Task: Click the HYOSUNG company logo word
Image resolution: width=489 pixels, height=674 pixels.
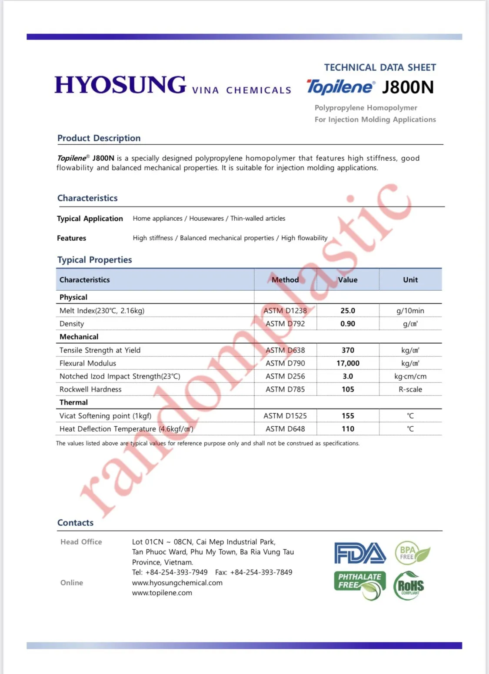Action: [120, 85]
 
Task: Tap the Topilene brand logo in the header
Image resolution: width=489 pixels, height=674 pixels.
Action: [340, 87]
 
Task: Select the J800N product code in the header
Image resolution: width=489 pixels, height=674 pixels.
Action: [408, 87]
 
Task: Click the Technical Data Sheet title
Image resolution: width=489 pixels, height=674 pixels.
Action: [380, 67]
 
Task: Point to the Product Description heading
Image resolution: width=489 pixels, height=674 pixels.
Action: [99, 138]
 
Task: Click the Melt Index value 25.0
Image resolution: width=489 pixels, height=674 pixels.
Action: [348, 311]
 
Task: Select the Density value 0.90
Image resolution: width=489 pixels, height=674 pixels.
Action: [348, 324]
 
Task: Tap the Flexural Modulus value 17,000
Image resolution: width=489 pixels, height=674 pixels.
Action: [348, 363]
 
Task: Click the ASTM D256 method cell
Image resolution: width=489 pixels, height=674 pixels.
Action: [285, 376]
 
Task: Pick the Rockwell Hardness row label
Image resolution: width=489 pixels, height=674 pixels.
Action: [90, 389]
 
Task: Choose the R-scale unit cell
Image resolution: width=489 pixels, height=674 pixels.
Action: [410, 389]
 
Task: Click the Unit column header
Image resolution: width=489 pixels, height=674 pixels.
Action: [410, 280]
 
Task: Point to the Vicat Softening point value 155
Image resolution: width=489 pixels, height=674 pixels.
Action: [348, 416]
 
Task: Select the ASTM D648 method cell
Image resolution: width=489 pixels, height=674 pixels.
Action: [285, 429]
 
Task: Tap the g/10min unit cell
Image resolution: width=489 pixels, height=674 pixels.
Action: [410, 311]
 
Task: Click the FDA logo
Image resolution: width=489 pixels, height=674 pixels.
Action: [360, 553]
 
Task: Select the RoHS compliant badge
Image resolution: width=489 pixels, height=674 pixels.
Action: [409, 586]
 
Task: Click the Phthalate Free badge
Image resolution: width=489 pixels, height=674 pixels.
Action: [360, 585]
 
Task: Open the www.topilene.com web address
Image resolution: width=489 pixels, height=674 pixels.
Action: [162, 593]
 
